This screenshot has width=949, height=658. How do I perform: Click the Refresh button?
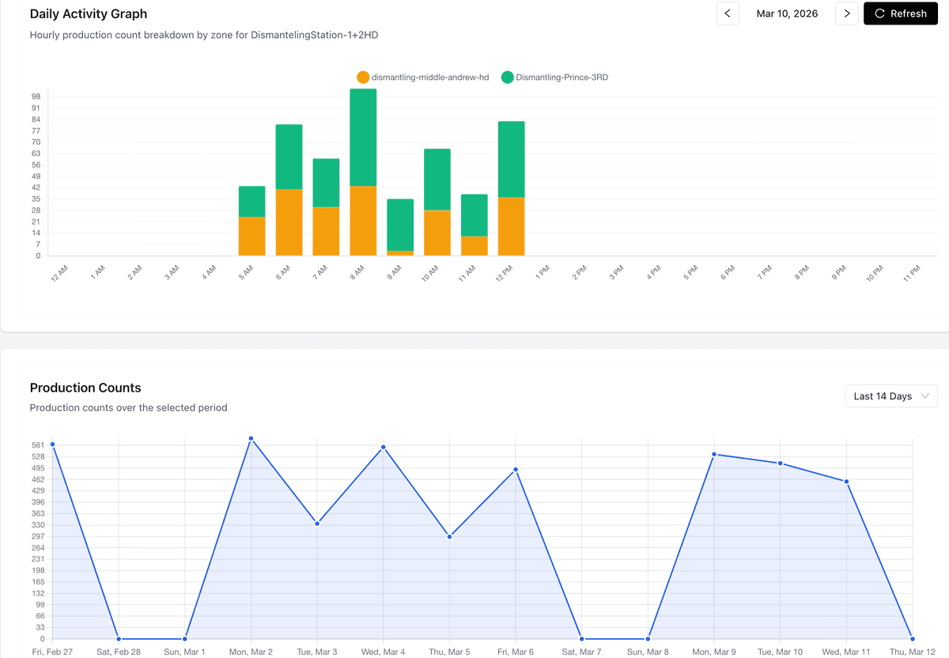click(900, 13)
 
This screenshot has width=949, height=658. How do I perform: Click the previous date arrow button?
click(728, 13)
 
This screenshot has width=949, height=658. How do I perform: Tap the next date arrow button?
click(846, 13)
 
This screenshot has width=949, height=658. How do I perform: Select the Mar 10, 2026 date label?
click(787, 13)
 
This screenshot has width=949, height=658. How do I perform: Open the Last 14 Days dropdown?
click(890, 396)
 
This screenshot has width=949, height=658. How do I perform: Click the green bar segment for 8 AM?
click(363, 138)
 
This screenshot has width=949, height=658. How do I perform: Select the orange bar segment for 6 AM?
click(289, 222)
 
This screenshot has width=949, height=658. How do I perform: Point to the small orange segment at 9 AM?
click(400, 253)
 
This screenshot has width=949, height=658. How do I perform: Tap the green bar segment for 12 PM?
click(511, 159)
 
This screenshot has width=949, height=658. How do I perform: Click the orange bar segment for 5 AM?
click(251, 236)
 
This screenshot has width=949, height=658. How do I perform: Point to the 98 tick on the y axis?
click(36, 96)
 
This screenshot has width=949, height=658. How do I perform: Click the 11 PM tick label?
click(912, 272)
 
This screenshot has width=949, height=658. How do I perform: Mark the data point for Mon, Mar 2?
click(251, 438)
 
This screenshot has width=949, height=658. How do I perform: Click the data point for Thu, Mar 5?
click(449, 536)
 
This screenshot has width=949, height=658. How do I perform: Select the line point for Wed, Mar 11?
click(846, 482)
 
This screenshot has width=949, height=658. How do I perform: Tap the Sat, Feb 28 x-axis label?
click(119, 652)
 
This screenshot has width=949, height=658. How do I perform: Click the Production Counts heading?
click(85, 388)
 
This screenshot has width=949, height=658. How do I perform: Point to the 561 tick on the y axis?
click(38, 445)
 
